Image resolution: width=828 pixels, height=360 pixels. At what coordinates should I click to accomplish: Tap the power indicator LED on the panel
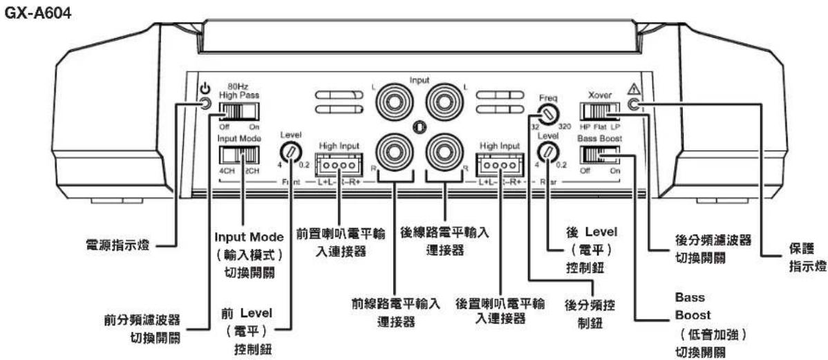(x=205, y=105)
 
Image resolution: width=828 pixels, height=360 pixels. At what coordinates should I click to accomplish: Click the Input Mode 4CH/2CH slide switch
(x=238, y=152)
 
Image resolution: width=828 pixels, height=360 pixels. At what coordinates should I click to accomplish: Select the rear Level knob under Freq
(x=548, y=151)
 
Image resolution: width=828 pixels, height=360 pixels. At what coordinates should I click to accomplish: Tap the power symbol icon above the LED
(x=205, y=88)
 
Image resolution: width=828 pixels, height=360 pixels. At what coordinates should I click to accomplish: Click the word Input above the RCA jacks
(x=419, y=80)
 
